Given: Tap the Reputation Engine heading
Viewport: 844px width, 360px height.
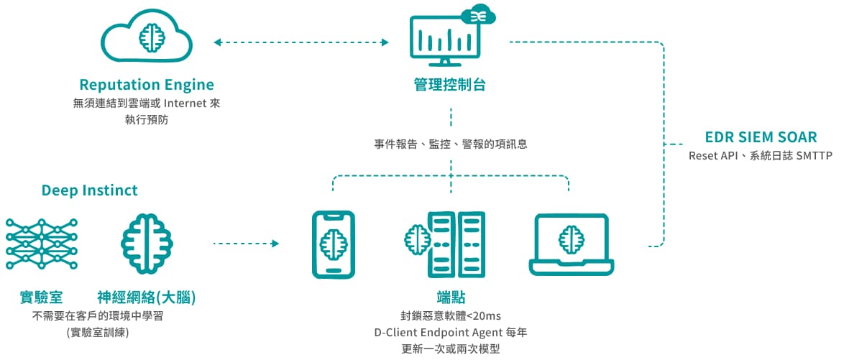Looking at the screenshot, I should click(x=147, y=85).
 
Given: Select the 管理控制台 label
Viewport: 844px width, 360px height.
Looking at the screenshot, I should click(x=450, y=85).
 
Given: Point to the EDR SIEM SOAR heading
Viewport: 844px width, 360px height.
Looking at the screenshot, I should click(x=761, y=137).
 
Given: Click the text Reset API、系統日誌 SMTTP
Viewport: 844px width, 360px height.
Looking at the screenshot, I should click(x=760, y=155).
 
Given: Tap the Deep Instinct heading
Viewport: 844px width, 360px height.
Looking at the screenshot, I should click(x=90, y=190).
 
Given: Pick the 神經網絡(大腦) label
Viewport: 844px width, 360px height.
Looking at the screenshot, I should click(x=147, y=297).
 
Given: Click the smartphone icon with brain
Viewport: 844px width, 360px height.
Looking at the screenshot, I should click(x=333, y=244).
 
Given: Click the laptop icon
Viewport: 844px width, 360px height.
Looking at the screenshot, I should click(x=572, y=244).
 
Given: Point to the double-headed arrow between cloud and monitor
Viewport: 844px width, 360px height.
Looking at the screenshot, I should click(x=301, y=43).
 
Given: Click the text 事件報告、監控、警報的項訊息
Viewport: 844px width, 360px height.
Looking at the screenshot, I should click(x=451, y=144).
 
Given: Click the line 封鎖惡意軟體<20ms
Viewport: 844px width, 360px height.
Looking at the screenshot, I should click(x=451, y=315).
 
